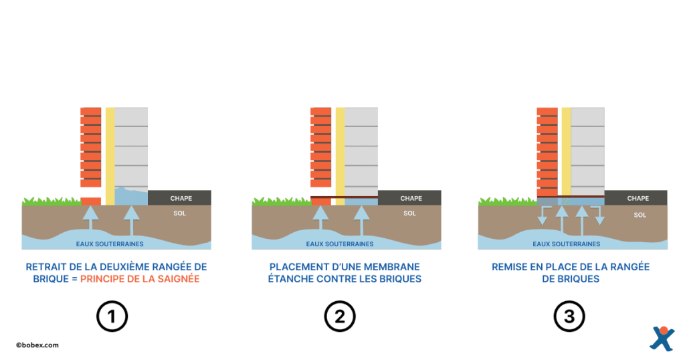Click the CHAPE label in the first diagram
[x=181, y=198]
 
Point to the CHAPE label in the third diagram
[x=638, y=198]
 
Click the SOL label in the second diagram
[x=409, y=213]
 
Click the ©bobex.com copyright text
[x=37, y=345]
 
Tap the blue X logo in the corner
[x=662, y=339]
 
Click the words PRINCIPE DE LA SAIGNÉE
[x=140, y=279]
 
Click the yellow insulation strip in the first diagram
[x=110, y=154]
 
